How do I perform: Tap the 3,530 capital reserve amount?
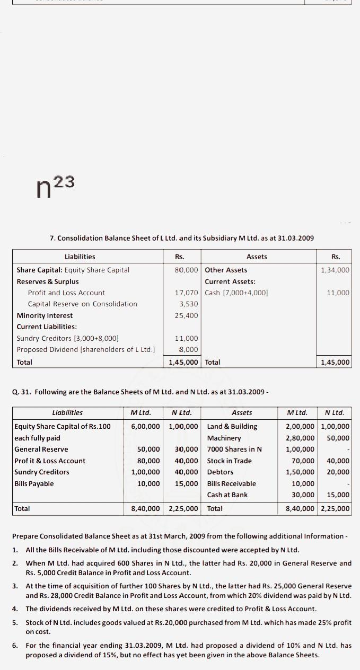pos(189,304)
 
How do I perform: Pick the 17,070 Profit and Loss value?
pos(186,293)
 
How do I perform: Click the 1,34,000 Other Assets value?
pos(335,270)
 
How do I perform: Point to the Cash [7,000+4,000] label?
pos(236,293)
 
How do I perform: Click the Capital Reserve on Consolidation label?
pos(82,304)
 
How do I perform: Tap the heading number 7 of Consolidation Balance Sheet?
pos(52,238)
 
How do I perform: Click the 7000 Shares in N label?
pos(234,449)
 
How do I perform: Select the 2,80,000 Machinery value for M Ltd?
pos(300,438)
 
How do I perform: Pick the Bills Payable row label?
pos(34,483)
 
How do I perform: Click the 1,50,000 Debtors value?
pos(300,472)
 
